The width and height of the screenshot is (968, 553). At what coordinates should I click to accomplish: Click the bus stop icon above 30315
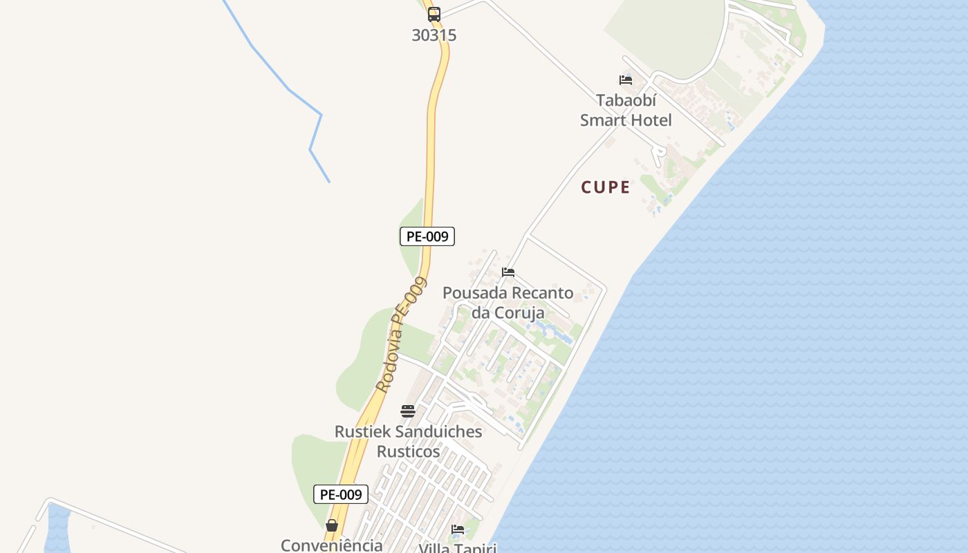[434, 14]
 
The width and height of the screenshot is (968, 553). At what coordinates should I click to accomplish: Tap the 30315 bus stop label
[434, 35]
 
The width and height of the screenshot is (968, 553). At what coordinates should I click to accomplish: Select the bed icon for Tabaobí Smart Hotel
[626, 80]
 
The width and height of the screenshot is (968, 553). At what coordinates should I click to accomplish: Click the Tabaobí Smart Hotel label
[626, 111]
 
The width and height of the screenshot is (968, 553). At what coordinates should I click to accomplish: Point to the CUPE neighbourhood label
[606, 187]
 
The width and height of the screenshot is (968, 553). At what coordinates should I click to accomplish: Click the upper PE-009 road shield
[427, 236]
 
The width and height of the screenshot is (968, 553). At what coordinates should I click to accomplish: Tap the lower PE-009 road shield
[341, 494]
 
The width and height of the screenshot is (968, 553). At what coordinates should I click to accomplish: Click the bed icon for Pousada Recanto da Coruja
[508, 272]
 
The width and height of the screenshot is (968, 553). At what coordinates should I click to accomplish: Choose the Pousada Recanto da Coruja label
[508, 303]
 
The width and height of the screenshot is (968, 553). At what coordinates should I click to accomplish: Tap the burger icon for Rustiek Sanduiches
[408, 411]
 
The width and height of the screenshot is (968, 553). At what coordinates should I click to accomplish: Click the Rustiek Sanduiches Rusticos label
[408, 441]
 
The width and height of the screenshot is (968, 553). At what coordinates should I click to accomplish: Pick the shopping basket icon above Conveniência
[332, 525]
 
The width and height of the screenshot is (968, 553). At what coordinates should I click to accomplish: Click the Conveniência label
[332, 545]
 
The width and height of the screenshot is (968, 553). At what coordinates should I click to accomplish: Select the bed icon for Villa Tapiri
[458, 529]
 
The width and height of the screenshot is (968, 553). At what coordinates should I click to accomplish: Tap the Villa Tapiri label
[458, 547]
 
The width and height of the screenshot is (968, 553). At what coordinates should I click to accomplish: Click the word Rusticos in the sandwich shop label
[408, 451]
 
